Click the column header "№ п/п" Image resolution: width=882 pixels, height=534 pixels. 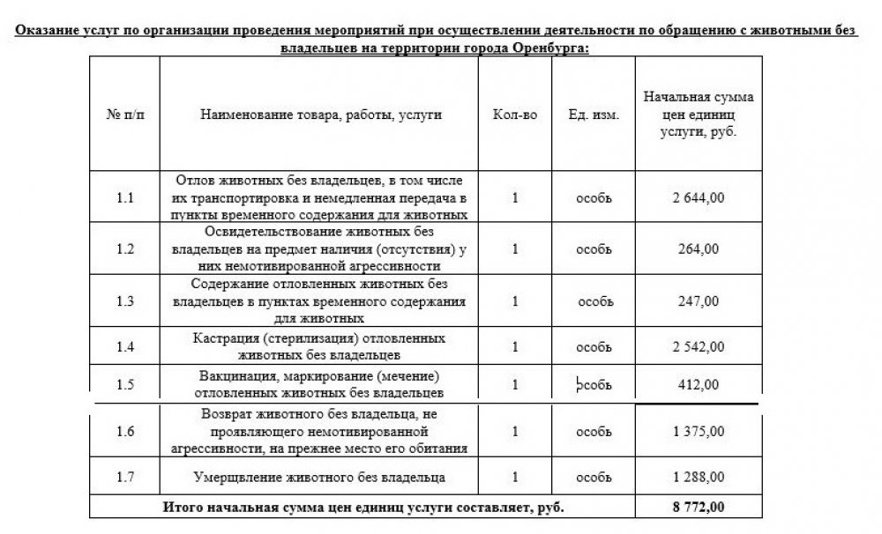coord(124,115)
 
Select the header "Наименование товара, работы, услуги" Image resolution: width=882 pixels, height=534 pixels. coord(321,115)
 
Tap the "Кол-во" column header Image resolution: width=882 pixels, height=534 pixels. coord(516,115)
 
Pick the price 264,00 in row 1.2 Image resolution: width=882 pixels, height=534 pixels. coord(698,249)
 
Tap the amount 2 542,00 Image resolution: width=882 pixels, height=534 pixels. coord(698,346)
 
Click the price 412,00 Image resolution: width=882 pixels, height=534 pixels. coord(698,384)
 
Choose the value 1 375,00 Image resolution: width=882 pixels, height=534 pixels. coord(698,431)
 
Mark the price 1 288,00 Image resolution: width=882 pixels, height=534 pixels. coord(698,478)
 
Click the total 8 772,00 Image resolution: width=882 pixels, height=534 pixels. coord(698,508)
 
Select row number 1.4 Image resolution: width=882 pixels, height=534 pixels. coord(125,346)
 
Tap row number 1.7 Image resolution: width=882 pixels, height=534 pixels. coord(125,478)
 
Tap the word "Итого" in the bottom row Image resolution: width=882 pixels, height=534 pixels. coord(178,508)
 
